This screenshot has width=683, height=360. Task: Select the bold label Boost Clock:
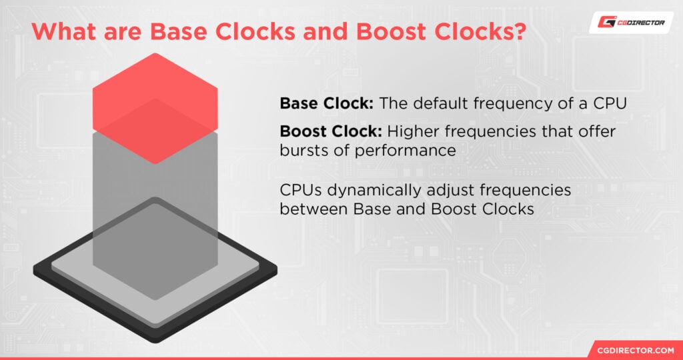[331, 132]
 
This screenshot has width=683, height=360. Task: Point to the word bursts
[303, 151]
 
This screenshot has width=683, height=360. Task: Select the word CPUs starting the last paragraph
[301, 190]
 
